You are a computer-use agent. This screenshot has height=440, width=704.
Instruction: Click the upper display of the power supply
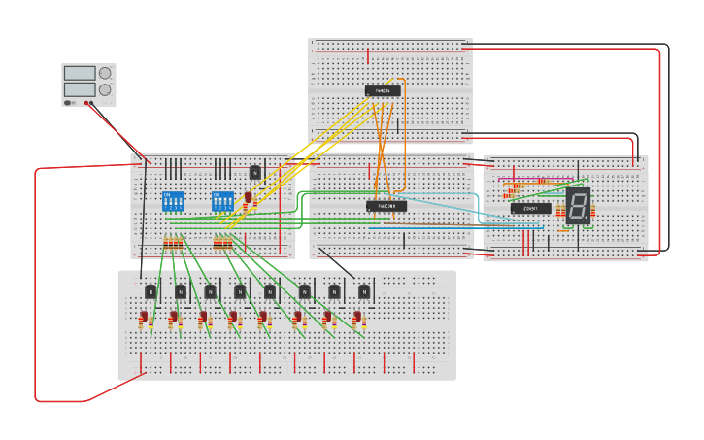pyautogui.click(x=80, y=73)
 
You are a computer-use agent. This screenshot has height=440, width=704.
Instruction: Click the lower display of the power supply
pyautogui.click(x=80, y=88)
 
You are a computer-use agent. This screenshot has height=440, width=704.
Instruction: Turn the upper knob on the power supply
pyautogui.click(x=104, y=73)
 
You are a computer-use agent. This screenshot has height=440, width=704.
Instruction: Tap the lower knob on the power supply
pyautogui.click(x=104, y=88)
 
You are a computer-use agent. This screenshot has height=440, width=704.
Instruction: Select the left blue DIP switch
pyautogui.click(x=172, y=201)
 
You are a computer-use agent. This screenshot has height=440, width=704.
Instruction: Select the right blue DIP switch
pyautogui.click(x=222, y=201)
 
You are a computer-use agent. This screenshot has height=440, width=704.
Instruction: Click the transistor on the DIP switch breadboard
pyautogui.click(x=255, y=172)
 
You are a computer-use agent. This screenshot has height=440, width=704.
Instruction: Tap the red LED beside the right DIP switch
pyautogui.click(x=249, y=199)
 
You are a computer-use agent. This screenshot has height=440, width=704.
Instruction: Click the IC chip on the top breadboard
pyautogui.click(x=383, y=91)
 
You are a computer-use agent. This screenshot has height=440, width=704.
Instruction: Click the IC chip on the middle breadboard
pyautogui.click(x=386, y=205)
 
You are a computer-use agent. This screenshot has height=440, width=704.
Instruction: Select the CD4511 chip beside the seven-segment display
pyautogui.click(x=530, y=208)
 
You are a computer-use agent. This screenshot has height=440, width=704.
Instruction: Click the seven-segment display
pyautogui.click(x=578, y=205)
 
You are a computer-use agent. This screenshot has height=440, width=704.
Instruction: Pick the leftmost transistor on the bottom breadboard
pyautogui.click(x=151, y=290)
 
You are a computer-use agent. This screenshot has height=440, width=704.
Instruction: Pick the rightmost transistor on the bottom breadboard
pyautogui.click(x=365, y=290)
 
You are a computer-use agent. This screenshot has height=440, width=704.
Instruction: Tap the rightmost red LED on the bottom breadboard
pyautogui.click(x=358, y=318)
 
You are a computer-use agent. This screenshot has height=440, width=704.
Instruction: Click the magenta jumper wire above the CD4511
pyautogui.click(x=529, y=181)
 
